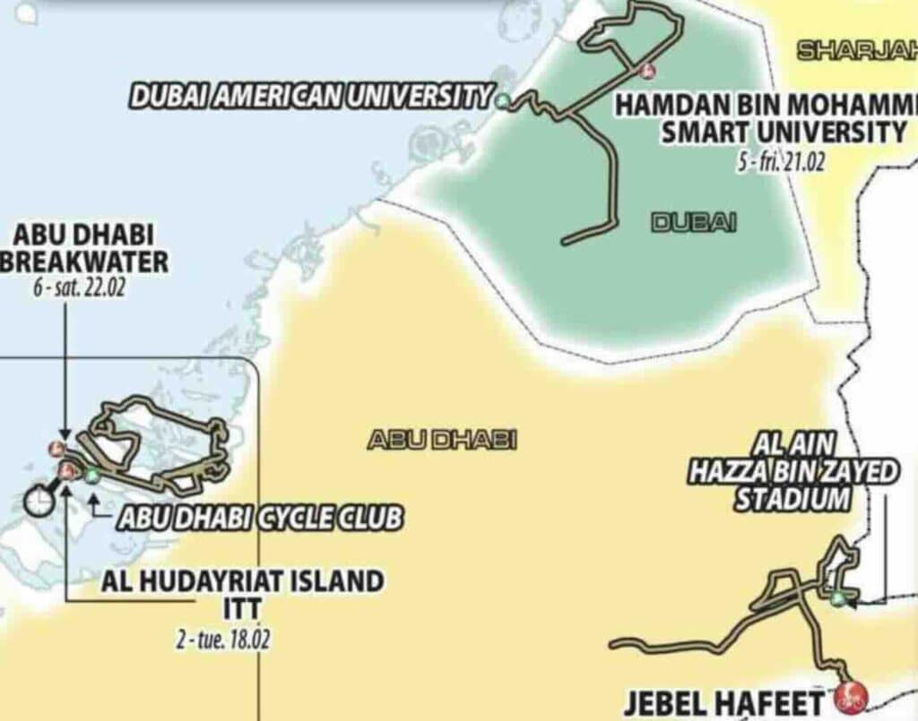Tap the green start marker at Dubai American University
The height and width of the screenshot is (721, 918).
[x=503, y=100]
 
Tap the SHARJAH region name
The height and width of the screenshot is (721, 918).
[x=856, y=50]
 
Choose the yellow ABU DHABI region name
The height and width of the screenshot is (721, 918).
[x=443, y=440]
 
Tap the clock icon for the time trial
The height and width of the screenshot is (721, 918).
[x=38, y=502]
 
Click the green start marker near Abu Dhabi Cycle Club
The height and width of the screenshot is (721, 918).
[x=91, y=476]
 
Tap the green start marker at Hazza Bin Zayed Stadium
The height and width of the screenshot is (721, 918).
[x=837, y=598]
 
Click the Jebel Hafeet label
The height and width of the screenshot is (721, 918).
[x=723, y=703]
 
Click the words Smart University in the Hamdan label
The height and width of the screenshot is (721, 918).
[x=784, y=133]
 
